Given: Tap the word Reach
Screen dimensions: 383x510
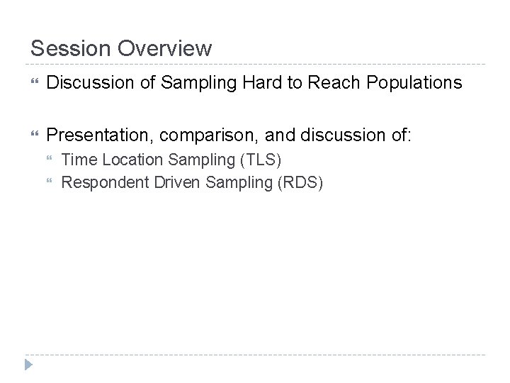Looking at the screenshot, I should point(334,83).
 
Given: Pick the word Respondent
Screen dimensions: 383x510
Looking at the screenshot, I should point(100,183).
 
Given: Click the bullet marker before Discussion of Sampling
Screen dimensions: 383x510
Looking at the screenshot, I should point(33,84).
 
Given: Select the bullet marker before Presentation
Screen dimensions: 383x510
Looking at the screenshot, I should point(33,134).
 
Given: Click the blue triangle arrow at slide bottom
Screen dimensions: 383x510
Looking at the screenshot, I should point(28,365).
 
